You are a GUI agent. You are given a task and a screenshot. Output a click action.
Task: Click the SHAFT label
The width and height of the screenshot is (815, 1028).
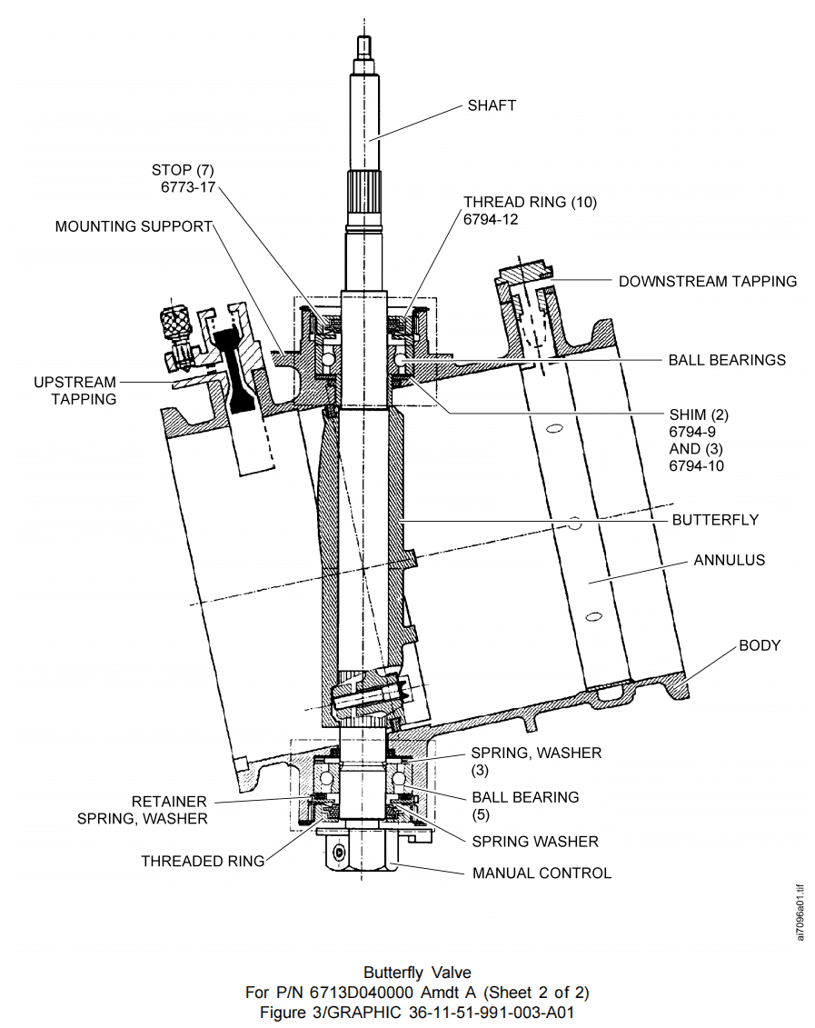492,105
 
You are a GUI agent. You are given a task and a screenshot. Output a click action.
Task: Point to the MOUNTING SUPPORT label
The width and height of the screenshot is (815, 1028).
134,225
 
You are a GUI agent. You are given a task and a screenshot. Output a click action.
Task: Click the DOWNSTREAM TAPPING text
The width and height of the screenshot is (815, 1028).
708,281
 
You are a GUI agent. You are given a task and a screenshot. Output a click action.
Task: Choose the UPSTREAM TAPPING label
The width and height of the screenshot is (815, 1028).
76,390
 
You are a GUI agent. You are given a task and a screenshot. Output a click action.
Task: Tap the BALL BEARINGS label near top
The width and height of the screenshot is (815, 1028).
727,360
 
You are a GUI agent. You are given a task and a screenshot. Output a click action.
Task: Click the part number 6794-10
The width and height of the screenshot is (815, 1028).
696,466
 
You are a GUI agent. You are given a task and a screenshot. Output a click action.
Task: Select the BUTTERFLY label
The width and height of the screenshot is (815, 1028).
715,520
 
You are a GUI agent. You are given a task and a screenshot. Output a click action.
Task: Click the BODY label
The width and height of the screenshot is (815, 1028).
760,645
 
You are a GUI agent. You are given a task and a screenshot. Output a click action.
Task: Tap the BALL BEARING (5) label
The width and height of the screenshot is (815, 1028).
525,805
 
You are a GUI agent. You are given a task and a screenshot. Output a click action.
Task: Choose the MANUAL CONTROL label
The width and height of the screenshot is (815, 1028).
542,873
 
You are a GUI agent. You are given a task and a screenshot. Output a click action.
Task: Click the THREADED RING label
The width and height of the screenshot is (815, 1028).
203,861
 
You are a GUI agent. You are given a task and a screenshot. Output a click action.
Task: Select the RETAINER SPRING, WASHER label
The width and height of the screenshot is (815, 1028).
155,810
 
